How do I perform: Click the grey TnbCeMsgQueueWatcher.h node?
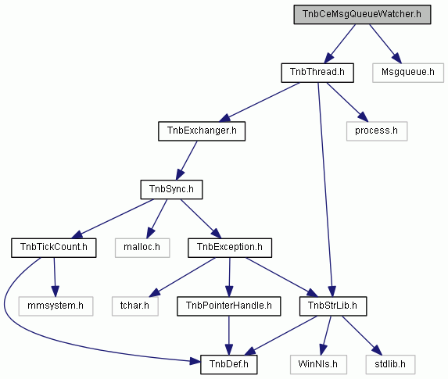[x=362, y=14]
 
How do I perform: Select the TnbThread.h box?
[x=317, y=73]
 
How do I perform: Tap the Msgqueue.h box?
[x=408, y=73]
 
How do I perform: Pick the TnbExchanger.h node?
[x=202, y=131]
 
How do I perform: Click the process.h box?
[x=377, y=131]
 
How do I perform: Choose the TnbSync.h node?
[x=171, y=190]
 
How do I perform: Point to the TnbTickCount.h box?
[x=54, y=248]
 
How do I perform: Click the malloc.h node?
[x=142, y=248]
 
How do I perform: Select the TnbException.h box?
[x=230, y=248]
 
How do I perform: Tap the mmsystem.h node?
[x=56, y=306]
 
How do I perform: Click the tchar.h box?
[x=134, y=306]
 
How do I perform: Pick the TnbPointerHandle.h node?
[x=228, y=306]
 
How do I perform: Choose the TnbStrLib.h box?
[x=333, y=306]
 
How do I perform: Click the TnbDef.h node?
[x=228, y=365]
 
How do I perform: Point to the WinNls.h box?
[x=318, y=365]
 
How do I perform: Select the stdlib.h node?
[x=390, y=365]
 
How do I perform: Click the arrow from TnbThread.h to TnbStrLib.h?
[x=325, y=190]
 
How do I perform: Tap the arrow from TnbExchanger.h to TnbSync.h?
[x=187, y=160]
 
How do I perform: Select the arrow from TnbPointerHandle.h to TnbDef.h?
[x=228, y=335]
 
